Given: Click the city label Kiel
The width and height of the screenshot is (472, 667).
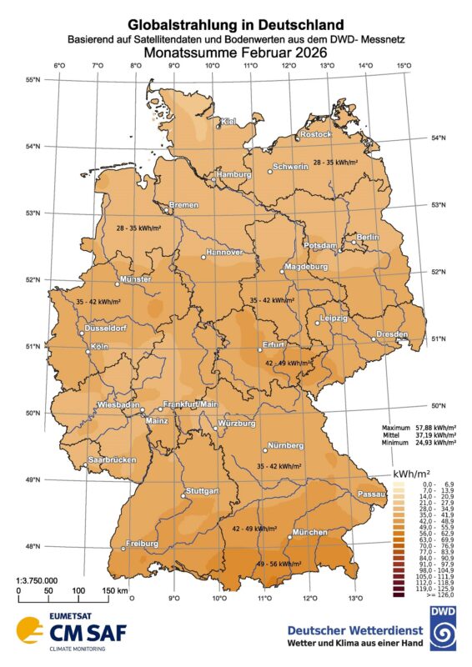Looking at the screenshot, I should [228, 123].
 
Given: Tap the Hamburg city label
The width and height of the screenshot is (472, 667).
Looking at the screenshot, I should [234, 175].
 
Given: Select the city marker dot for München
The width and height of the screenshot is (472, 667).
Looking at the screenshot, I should [289, 538].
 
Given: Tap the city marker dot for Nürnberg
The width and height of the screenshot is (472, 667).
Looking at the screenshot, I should [265, 449].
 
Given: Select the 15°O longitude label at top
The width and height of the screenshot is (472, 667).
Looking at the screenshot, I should [403, 67].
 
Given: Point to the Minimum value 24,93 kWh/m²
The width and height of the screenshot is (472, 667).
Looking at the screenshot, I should [437, 442].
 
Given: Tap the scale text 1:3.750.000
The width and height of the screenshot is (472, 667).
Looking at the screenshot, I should [38, 579].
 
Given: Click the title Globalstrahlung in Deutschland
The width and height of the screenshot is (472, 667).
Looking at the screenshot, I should [236, 27].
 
